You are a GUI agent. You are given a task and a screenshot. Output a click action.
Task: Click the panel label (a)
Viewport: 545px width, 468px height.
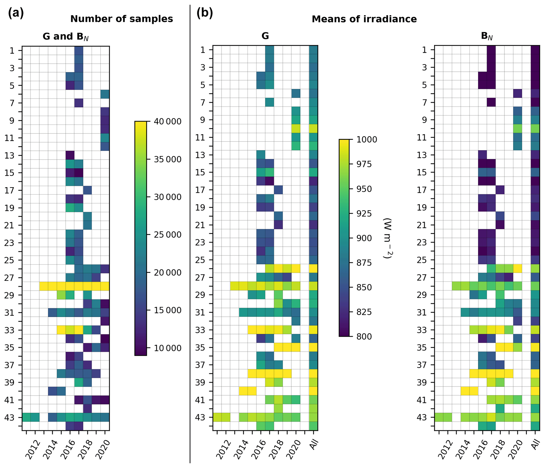(16, 13)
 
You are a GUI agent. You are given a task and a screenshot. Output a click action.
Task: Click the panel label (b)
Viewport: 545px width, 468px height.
(205, 13)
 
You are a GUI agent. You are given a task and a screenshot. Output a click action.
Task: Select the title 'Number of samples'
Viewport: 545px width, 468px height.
(122, 19)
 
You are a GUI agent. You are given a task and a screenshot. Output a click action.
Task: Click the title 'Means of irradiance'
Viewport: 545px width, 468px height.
(364, 19)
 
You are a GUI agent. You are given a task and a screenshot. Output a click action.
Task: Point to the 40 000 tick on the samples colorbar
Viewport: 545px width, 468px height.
(167, 122)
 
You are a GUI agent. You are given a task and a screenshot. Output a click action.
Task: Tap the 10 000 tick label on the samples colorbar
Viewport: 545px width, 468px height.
(167, 348)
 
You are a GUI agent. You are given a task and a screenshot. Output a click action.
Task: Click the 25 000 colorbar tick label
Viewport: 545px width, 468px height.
(167, 235)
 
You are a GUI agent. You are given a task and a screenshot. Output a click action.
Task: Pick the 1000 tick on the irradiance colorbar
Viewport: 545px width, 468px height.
(366, 139)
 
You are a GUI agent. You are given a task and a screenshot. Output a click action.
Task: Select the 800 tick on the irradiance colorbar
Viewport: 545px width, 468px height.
(364, 336)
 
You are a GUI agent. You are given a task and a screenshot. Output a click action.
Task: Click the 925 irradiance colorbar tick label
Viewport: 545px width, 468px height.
(364, 214)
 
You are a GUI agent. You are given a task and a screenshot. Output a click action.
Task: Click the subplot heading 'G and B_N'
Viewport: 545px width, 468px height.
(66, 37)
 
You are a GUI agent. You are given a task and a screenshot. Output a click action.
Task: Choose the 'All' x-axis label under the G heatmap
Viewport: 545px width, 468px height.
(314, 445)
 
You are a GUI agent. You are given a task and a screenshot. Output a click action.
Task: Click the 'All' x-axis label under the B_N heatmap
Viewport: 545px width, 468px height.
(536, 445)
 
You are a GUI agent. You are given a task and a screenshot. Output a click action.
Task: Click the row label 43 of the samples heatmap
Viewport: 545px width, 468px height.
(9, 418)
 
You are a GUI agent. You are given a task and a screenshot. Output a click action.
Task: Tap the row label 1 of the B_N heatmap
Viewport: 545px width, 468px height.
(424, 50)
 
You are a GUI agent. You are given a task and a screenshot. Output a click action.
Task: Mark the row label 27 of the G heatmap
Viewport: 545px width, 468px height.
(200, 278)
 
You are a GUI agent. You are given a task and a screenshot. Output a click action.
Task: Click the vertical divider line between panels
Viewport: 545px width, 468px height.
(190, 237)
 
